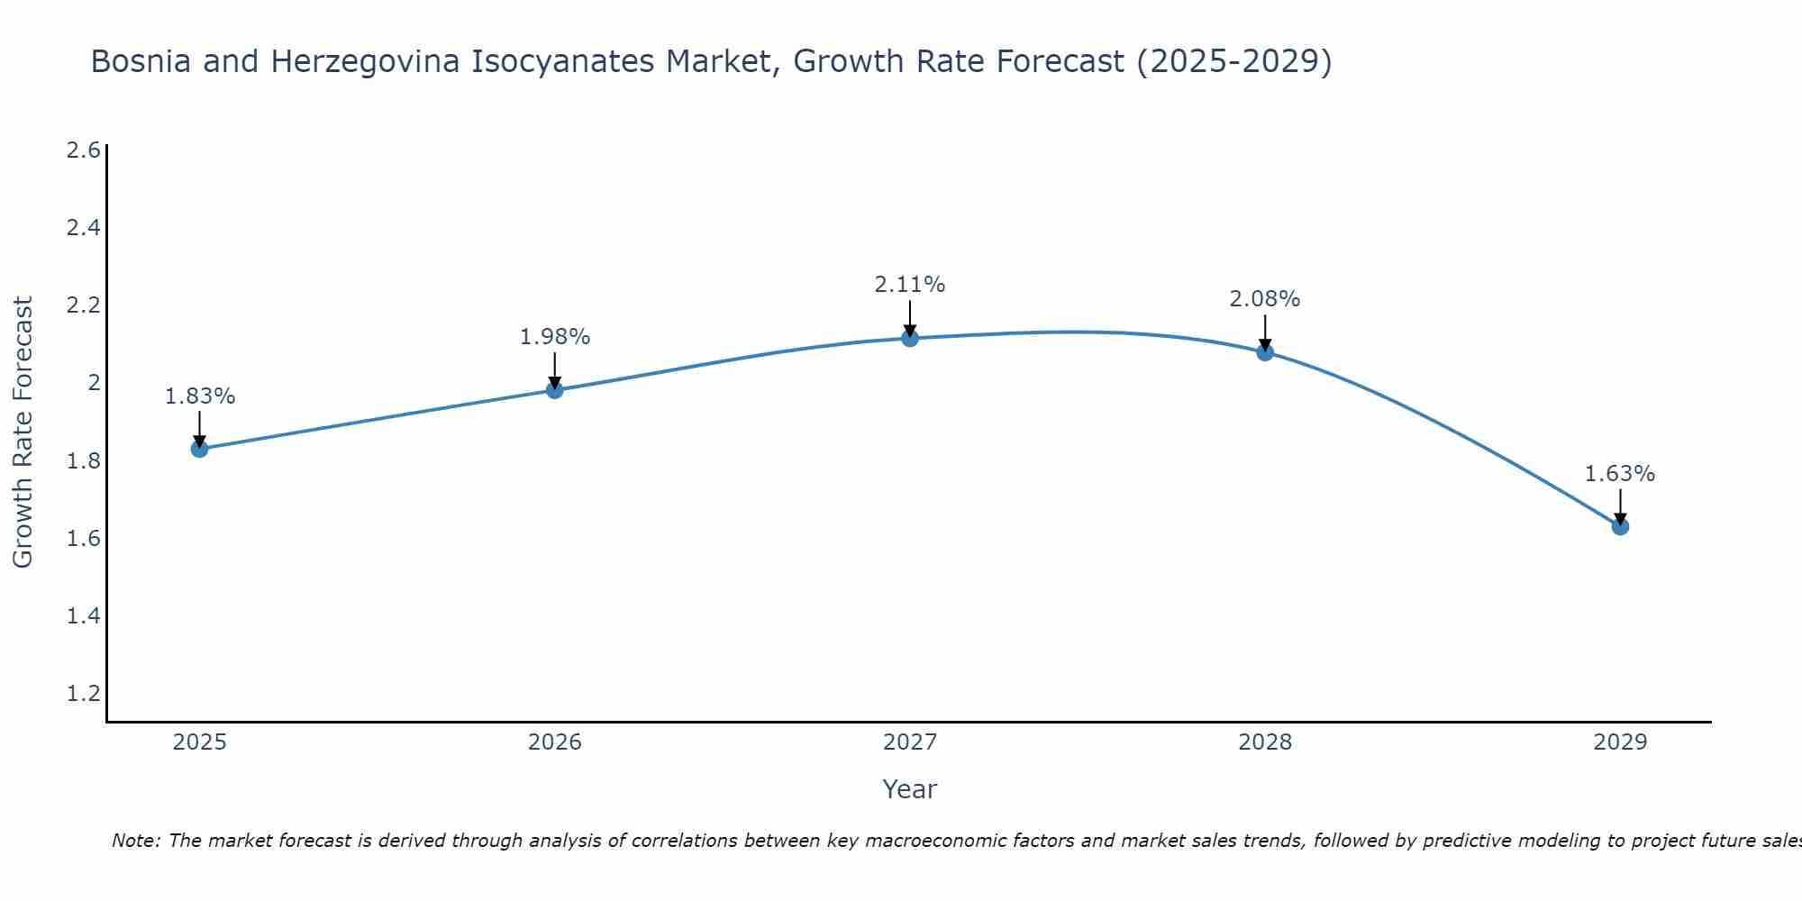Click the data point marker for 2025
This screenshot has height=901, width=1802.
200,449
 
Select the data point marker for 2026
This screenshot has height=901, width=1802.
555,390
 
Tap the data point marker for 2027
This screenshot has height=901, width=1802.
910,339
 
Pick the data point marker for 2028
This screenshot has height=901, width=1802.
1265,352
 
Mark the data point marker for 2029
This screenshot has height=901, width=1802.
1620,526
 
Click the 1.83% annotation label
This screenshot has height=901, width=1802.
200,396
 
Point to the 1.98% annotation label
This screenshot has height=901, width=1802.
555,337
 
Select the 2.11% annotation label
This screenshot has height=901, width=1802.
910,285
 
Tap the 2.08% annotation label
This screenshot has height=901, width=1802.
1265,299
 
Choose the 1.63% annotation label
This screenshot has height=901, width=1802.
1620,474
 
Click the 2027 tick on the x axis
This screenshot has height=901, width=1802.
910,742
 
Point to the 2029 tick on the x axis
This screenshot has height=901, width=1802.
1620,742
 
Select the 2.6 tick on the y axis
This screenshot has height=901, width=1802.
83,150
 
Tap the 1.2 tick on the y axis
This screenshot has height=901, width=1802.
83,694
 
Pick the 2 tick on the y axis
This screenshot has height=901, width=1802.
93,383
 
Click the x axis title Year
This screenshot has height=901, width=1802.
910,789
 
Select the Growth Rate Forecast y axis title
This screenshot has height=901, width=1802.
23,432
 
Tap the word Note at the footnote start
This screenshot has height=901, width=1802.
135,841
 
